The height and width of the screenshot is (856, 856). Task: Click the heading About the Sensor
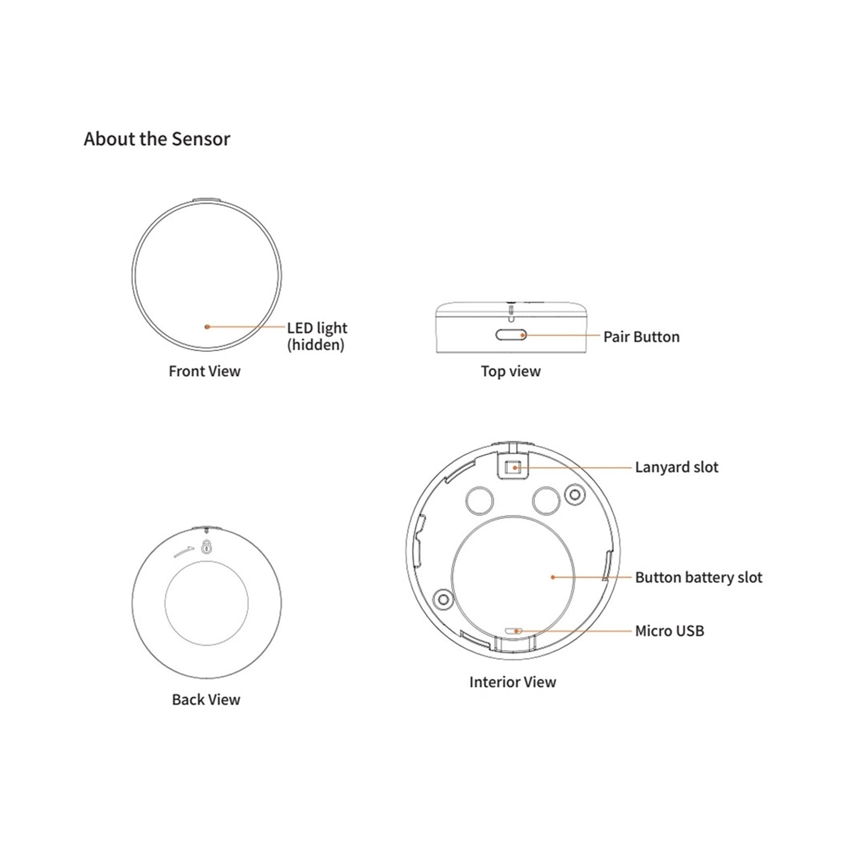tap(157, 139)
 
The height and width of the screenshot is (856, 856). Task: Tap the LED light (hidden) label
tap(317, 336)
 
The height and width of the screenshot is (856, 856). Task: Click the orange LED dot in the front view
tap(207, 326)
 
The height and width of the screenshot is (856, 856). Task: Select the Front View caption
tap(204, 371)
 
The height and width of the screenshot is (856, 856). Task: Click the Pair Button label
tap(641, 337)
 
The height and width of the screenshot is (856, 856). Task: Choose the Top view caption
tap(510, 371)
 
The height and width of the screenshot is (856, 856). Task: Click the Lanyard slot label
tap(677, 467)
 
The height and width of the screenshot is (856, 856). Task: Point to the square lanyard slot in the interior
tap(514, 467)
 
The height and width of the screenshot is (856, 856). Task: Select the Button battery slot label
tap(699, 577)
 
